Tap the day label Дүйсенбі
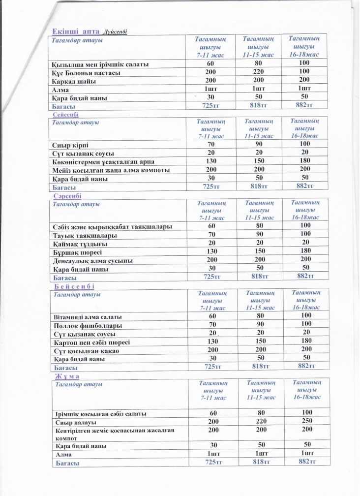[x=116, y=32]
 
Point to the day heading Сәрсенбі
[x=69, y=196]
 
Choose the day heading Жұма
[x=67, y=376]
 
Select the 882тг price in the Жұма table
[x=306, y=463]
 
